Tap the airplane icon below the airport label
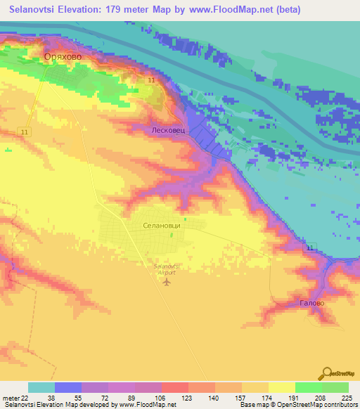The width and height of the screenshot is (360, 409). coord(166,283)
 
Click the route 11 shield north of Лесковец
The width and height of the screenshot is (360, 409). coord(151,82)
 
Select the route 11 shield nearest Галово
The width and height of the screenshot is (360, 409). coord(309,247)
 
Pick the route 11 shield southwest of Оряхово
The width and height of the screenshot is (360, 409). coord(25,132)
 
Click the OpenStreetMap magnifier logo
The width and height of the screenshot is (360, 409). coord(327,373)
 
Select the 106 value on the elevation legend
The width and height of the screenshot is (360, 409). coord(161,398)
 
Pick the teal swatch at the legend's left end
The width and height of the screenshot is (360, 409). coord(41,387)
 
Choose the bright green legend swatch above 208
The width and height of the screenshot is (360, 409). coord(309,387)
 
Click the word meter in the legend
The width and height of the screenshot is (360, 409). coord(11,398)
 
